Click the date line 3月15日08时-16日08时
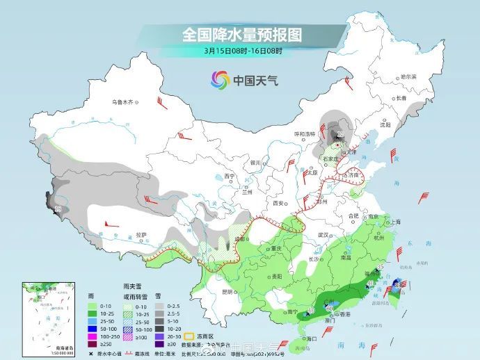[243, 51]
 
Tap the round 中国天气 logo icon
[220, 81]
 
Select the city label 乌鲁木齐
[122, 102]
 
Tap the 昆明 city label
[227, 292]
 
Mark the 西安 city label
[280, 203]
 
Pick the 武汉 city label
[323, 235]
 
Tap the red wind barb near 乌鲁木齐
[162, 104]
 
